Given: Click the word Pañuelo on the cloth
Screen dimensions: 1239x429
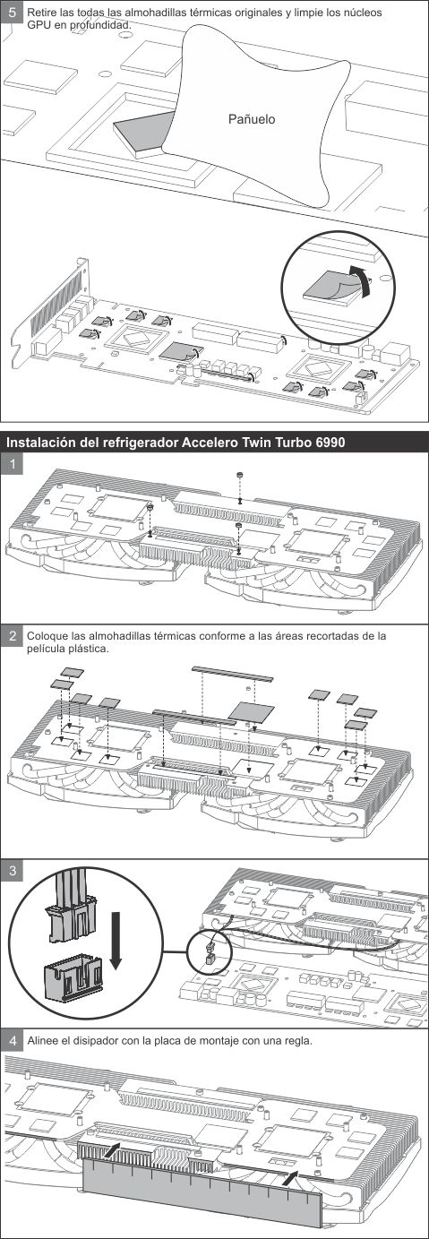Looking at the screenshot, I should point(251,118).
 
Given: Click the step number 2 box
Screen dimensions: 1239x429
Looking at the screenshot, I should point(12,636).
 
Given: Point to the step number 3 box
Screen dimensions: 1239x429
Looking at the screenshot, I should point(12,870).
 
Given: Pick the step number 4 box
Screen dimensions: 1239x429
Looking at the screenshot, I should point(12,1040).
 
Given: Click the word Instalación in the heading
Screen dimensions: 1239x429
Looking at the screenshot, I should point(43,443).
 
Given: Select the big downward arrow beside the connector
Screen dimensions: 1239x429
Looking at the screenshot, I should point(115,940).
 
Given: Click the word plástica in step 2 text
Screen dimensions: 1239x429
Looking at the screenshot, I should point(91,649).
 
